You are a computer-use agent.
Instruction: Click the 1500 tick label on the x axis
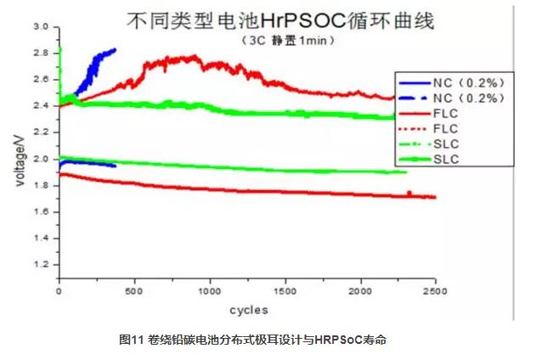(286, 293)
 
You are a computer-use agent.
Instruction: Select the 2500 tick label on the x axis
(435, 293)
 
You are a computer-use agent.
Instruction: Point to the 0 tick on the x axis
(59, 293)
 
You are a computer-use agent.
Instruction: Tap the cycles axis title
(248, 309)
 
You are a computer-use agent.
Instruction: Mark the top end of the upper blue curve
(115, 50)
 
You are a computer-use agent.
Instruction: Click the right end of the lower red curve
(435, 197)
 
